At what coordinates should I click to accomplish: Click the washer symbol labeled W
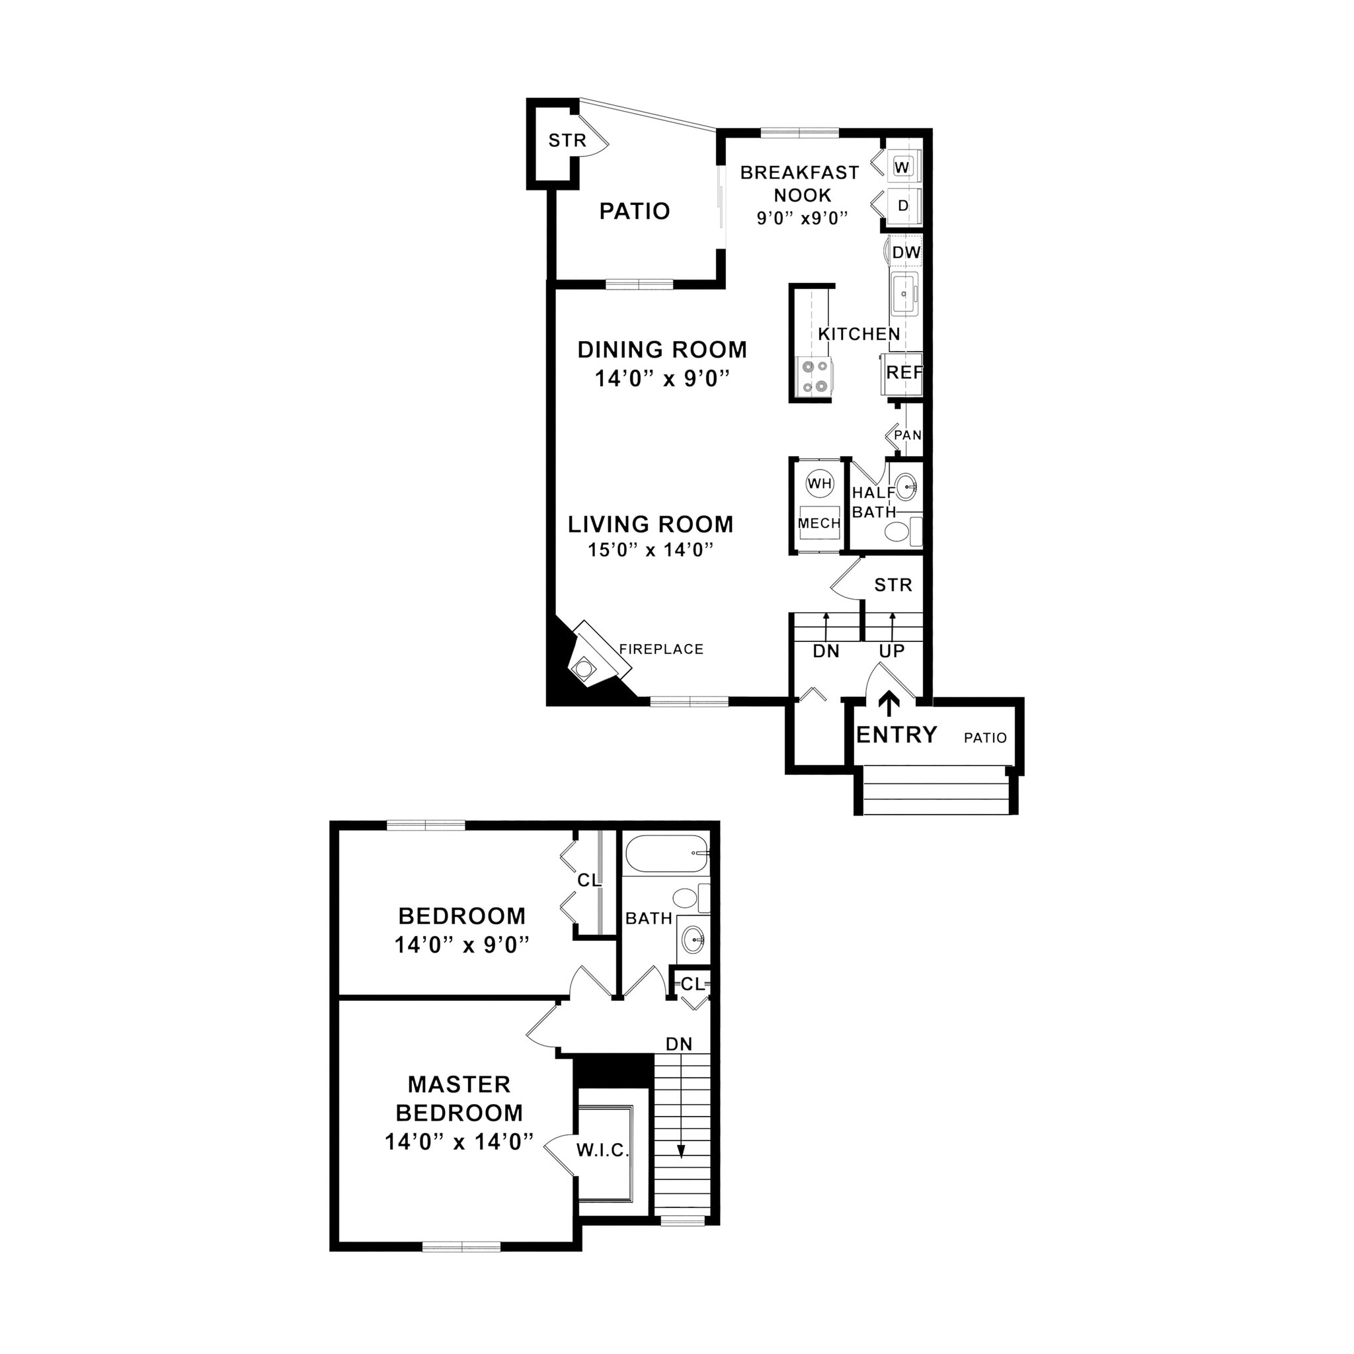tap(902, 167)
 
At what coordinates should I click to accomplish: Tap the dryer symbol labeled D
tap(902, 206)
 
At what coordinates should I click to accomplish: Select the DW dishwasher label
tap(906, 253)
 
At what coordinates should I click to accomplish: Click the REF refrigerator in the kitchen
tap(903, 373)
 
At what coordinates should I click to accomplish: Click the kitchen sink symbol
tap(904, 294)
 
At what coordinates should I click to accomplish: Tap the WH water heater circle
tap(819, 483)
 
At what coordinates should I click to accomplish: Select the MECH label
tap(819, 524)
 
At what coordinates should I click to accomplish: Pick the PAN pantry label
tap(908, 435)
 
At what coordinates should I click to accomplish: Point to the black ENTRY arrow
tap(889, 703)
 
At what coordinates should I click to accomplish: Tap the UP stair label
tap(891, 651)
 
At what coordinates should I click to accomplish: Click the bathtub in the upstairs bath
tap(666, 853)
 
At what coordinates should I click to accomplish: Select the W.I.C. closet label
tap(603, 1150)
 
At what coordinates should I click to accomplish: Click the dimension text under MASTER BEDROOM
tap(459, 1142)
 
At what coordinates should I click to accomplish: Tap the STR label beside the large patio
tap(567, 141)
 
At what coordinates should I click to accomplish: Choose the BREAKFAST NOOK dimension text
tap(803, 218)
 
